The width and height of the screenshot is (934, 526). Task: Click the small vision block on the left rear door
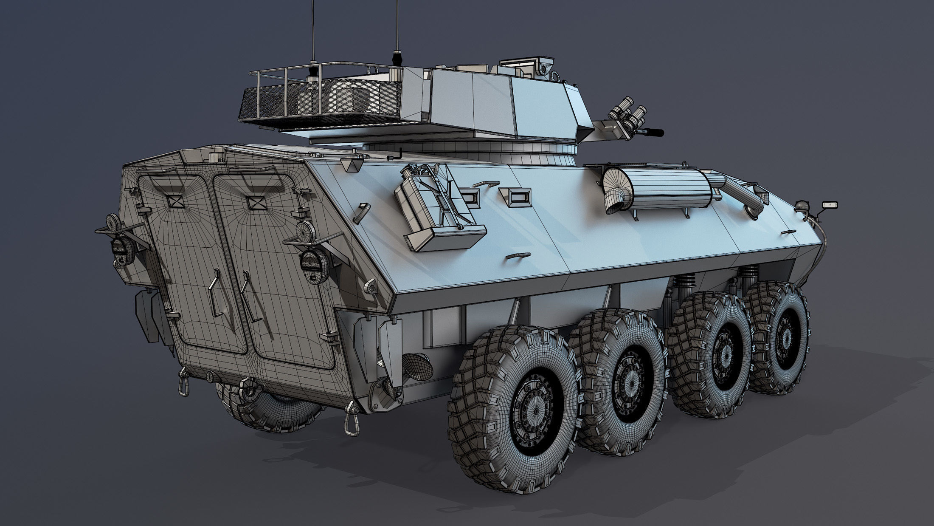pyautogui.click(x=174, y=201)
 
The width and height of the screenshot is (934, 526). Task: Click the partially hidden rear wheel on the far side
pyautogui.click(x=267, y=408)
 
